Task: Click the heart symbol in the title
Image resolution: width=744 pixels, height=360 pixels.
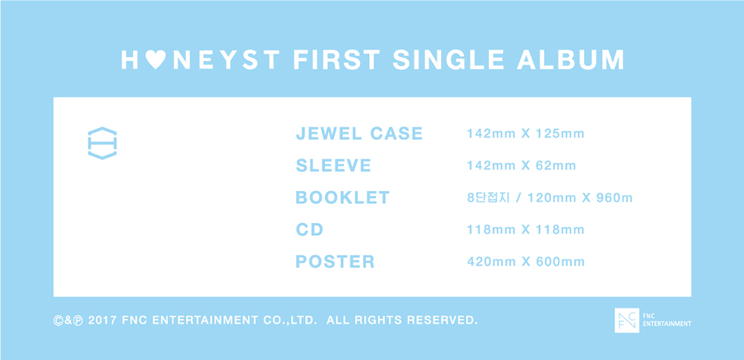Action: click(155, 60)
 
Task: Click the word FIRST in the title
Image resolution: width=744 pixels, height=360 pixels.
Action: click(337, 60)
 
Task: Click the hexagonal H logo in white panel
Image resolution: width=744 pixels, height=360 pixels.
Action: click(103, 144)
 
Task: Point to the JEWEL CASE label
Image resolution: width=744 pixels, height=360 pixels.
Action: click(359, 134)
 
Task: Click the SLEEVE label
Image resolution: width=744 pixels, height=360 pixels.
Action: click(333, 166)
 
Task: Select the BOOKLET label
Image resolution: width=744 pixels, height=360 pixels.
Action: click(342, 197)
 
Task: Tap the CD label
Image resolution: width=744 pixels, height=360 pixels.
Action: click(310, 230)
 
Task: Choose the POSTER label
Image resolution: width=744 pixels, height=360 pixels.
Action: click(335, 261)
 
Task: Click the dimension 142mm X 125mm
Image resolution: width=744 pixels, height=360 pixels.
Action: click(526, 134)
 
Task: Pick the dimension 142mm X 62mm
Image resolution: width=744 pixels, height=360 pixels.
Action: click(522, 166)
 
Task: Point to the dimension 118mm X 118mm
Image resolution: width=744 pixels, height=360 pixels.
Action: click(526, 230)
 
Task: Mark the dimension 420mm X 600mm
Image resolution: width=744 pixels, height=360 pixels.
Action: click(526, 262)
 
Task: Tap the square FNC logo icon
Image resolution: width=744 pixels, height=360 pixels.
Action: click(626, 320)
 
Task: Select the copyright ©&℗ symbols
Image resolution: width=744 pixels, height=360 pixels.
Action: click(68, 320)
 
